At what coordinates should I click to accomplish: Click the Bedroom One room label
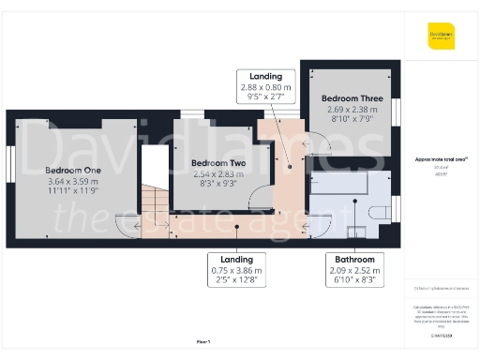(73, 170)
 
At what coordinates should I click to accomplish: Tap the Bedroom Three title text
(351, 97)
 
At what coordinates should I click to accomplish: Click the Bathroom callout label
(355, 259)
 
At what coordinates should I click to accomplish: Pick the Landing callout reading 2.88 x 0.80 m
(265, 76)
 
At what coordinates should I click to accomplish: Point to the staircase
(155, 206)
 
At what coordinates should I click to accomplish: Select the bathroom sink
(356, 232)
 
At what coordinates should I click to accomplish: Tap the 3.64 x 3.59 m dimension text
(73, 181)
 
